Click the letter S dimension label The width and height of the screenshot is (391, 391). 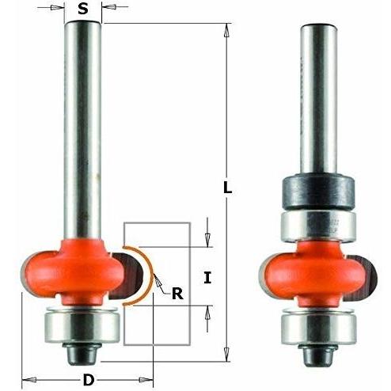[x=83, y=9]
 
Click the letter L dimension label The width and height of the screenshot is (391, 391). [x=227, y=187]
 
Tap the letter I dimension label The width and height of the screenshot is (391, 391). [x=207, y=278]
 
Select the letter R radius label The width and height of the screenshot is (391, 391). [x=177, y=294]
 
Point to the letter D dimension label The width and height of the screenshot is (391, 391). [x=89, y=380]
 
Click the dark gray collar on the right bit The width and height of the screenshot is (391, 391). [x=318, y=192]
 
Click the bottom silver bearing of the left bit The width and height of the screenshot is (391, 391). [x=82, y=326]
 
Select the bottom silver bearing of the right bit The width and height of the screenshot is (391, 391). [x=318, y=328]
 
